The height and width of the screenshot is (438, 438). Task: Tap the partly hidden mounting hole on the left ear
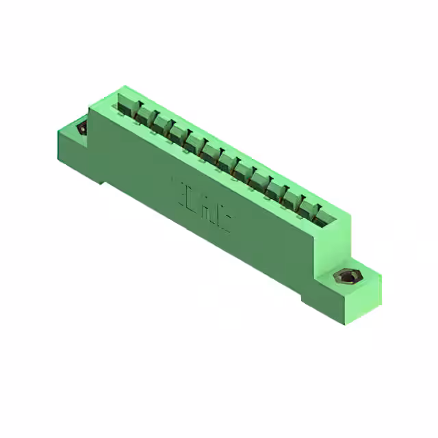[81, 128]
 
